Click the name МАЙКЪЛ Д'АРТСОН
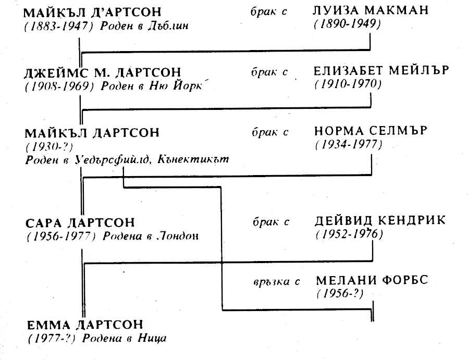(x=92, y=13)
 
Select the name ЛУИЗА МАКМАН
(x=371, y=10)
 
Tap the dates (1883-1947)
(x=59, y=26)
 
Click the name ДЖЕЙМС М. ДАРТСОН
(x=103, y=72)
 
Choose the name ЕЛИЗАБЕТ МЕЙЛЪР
(x=381, y=71)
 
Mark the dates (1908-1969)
(x=60, y=86)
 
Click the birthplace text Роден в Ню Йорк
(x=152, y=86)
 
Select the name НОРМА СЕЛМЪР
(x=371, y=131)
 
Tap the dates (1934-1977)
(x=349, y=145)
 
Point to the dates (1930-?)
(x=49, y=147)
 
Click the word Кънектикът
(x=193, y=159)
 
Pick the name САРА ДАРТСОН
(x=80, y=223)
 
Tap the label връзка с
(x=276, y=282)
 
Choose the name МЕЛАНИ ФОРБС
(x=372, y=280)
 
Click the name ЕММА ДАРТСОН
(x=85, y=325)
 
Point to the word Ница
(x=152, y=339)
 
